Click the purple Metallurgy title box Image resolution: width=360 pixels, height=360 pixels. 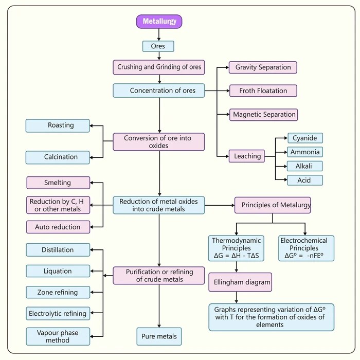159,22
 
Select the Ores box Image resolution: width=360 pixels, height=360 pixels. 158,46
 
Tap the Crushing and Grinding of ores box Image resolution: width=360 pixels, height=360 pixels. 160,67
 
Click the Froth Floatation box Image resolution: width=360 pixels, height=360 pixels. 263,91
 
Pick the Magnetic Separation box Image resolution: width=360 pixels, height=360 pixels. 263,114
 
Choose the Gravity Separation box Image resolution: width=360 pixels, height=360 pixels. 263,67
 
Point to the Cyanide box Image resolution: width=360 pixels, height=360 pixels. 305,138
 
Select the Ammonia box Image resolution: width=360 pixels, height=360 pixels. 305,152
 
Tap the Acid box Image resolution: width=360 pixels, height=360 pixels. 305,180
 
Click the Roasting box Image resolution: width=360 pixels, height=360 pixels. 58,125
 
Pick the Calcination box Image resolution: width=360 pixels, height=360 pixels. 58,157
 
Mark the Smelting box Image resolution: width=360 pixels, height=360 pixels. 58,183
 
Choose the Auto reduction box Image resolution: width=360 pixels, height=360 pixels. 58,227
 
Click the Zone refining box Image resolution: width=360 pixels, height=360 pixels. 58,292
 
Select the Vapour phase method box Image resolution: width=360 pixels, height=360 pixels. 58,336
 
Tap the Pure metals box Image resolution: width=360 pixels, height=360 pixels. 159,336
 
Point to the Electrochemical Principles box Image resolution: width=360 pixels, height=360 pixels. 307,248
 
